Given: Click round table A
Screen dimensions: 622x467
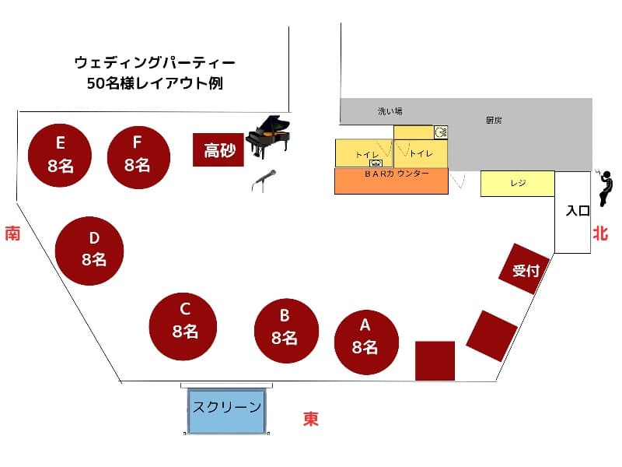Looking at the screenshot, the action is point(366,342).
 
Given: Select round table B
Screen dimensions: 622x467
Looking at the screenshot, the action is point(286,331).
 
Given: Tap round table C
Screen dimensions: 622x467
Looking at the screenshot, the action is point(183,326).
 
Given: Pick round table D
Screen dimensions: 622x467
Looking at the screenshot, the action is point(89,251).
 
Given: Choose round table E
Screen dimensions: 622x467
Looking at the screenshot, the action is point(60,155).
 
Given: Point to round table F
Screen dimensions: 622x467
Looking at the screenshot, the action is point(138,157).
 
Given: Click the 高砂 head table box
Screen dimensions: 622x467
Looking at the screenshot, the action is point(218,149).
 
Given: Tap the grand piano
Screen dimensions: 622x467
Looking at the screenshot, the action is point(267,135).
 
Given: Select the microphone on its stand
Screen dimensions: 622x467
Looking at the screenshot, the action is point(264,181).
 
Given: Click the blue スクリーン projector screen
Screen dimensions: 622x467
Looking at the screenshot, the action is point(226,411).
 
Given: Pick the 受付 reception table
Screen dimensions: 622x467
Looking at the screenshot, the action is point(524,269).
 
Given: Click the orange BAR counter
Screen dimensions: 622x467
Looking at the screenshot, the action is point(391,181).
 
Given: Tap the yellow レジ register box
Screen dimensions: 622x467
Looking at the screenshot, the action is point(517,184).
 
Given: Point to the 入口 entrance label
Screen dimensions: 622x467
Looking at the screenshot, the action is point(578,210).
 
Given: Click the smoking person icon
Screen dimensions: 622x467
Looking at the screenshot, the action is point(604,188).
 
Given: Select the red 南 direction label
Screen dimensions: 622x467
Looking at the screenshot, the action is point(12,233).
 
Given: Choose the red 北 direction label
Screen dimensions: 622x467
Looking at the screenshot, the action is point(600,233).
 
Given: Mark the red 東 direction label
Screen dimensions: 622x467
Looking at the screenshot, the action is point(311,419).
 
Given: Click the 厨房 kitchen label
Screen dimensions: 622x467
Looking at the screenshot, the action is point(494,120).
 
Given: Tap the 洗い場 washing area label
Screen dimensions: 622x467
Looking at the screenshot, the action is point(390,111).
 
